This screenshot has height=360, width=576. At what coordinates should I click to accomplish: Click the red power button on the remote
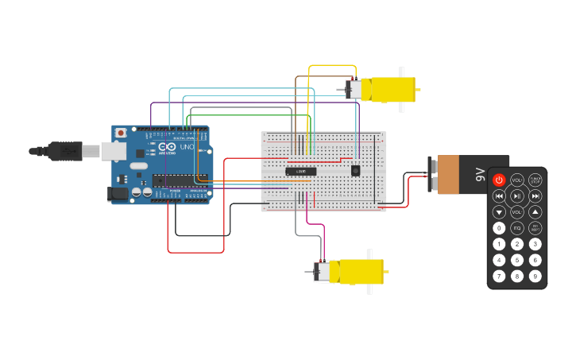coord(499,180)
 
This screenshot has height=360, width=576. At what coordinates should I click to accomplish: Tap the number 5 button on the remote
coord(517,260)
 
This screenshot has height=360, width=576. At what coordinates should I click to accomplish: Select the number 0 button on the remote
coord(499,228)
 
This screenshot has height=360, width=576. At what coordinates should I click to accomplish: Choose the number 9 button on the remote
coord(535,276)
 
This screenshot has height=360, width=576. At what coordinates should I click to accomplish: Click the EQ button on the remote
coord(517,228)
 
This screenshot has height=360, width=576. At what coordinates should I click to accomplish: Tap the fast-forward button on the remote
coord(535,196)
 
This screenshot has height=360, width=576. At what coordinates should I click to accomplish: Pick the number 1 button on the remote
coord(499,244)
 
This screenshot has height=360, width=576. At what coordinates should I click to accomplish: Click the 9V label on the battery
coord(479,174)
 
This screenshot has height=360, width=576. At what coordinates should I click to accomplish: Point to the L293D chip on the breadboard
coord(301,171)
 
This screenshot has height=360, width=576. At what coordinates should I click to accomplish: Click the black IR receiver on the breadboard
coord(355,170)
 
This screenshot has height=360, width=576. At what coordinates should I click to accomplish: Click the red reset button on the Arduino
coord(121,133)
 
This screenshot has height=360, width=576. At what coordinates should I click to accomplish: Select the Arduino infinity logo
coord(167,147)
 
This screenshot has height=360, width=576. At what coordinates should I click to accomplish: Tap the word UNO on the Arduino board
coord(187,147)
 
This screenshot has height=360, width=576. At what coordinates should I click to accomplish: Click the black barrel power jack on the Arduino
coord(118,192)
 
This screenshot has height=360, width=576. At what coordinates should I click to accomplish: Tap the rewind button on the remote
coord(499,196)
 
